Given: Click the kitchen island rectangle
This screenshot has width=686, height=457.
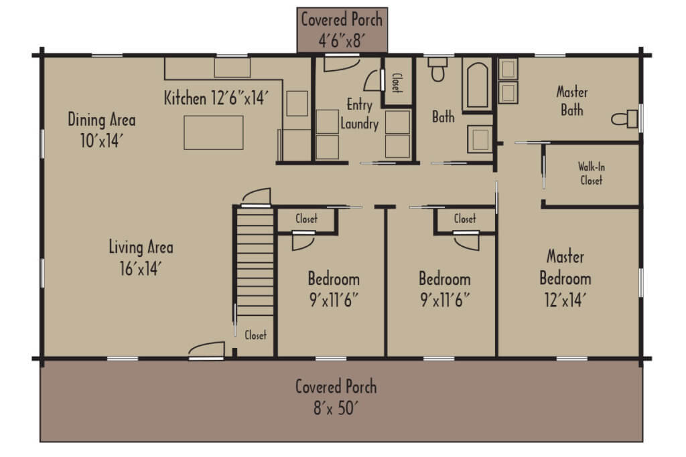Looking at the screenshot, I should point(214,132).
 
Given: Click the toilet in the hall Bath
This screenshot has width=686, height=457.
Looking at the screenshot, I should point(438,70).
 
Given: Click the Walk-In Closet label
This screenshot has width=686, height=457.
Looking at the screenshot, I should point(590,174).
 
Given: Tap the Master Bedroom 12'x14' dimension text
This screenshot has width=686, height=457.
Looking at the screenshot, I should point(565,300).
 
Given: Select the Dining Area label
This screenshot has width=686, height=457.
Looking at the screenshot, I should point(102,120).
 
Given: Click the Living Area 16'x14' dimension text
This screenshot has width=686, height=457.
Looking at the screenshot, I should point(141,269).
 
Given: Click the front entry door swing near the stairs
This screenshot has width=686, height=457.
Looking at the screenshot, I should point(206,350).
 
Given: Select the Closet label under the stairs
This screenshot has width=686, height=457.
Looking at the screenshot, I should point(255,335).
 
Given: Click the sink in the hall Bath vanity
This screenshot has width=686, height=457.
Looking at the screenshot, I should point(480,139).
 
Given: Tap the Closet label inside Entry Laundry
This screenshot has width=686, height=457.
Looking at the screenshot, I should point(397,82).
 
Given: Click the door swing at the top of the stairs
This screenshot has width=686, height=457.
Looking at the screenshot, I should point(257,195).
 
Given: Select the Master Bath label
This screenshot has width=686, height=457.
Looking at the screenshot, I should point(571,102).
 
